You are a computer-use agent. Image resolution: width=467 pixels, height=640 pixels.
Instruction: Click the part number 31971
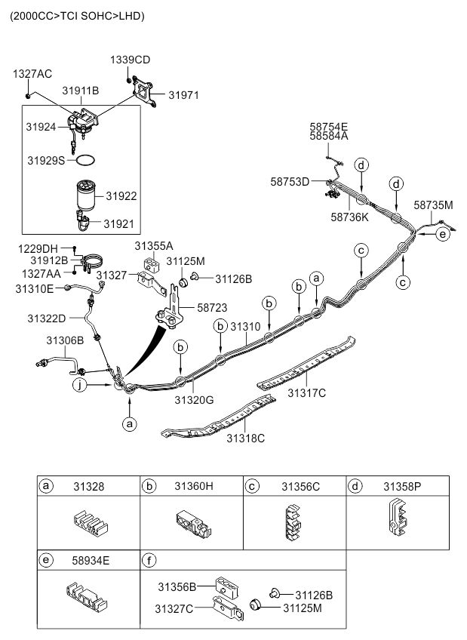(x=183, y=95)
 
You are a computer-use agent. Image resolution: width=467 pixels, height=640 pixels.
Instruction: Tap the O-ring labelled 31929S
(x=87, y=161)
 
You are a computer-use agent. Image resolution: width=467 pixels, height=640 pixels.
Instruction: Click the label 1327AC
(x=32, y=73)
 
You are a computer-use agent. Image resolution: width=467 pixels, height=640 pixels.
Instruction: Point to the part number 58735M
(x=433, y=205)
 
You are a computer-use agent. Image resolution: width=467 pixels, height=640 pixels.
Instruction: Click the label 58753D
(x=290, y=181)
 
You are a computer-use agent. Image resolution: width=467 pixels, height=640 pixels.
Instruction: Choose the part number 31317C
(x=306, y=392)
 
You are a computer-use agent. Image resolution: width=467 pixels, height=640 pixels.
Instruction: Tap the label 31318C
(x=245, y=438)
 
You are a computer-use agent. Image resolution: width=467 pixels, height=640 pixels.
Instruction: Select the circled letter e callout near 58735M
(x=444, y=234)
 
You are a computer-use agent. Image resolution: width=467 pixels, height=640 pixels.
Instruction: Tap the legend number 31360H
(x=194, y=486)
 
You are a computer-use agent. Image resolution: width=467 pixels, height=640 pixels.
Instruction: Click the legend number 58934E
(x=91, y=561)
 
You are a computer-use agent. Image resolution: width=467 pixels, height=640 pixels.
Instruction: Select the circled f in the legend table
(x=149, y=561)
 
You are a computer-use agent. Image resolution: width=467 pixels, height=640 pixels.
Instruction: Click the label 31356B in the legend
(x=177, y=586)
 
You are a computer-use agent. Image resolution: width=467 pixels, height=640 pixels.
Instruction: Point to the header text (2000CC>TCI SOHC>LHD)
(x=76, y=16)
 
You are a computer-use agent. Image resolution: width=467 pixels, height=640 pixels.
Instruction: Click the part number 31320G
(x=195, y=399)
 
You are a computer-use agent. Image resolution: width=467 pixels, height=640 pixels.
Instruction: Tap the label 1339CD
(x=131, y=59)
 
